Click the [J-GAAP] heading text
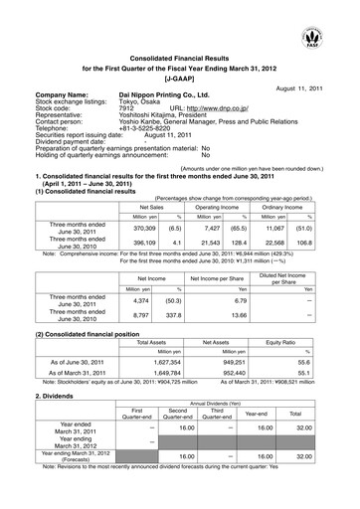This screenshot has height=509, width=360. [181, 76]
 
